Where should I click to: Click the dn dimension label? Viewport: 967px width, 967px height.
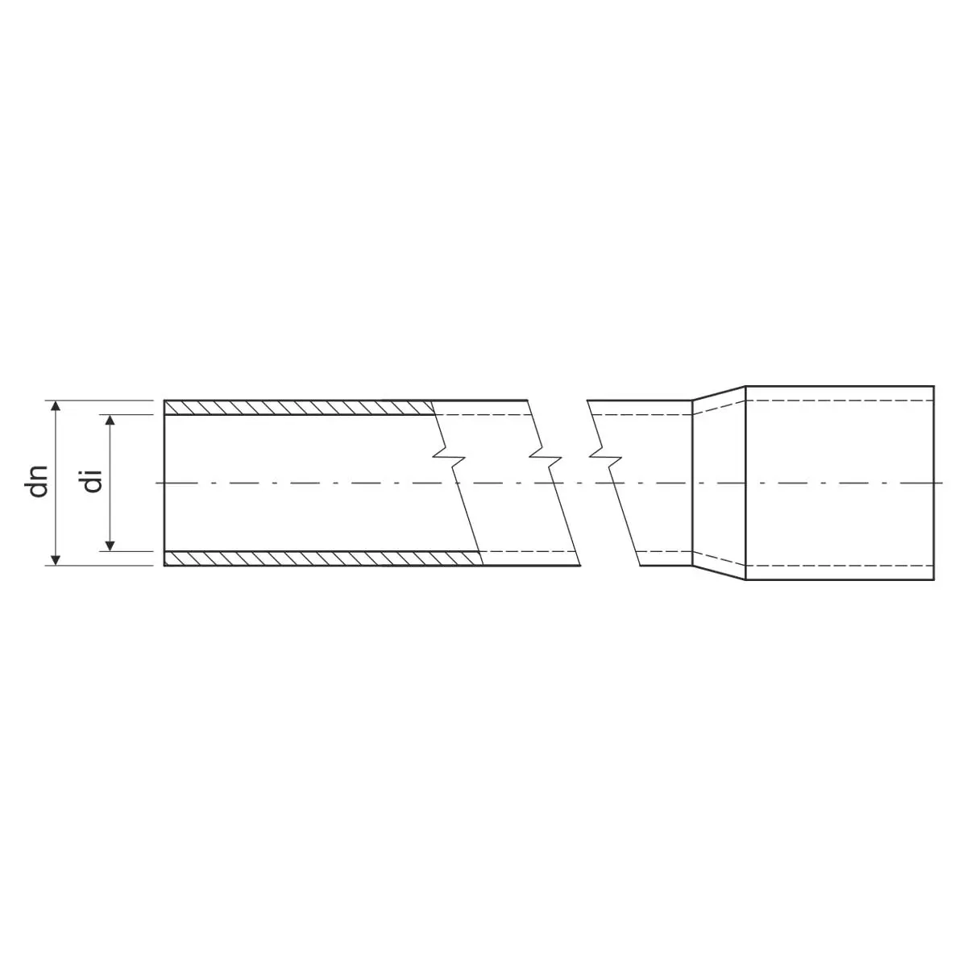(x=39, y=482)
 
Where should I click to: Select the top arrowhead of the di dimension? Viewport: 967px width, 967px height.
(x=111, y=421)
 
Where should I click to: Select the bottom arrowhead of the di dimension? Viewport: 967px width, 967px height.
(x=111, y=546)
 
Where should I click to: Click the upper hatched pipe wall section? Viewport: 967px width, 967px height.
(x=299, y=408)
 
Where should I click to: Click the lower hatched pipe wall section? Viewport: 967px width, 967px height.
(x=323, y=558)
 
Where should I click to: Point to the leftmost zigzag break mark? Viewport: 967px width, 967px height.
(x=449, y=457)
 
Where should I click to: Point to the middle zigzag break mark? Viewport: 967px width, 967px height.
(x=546, y=457)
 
